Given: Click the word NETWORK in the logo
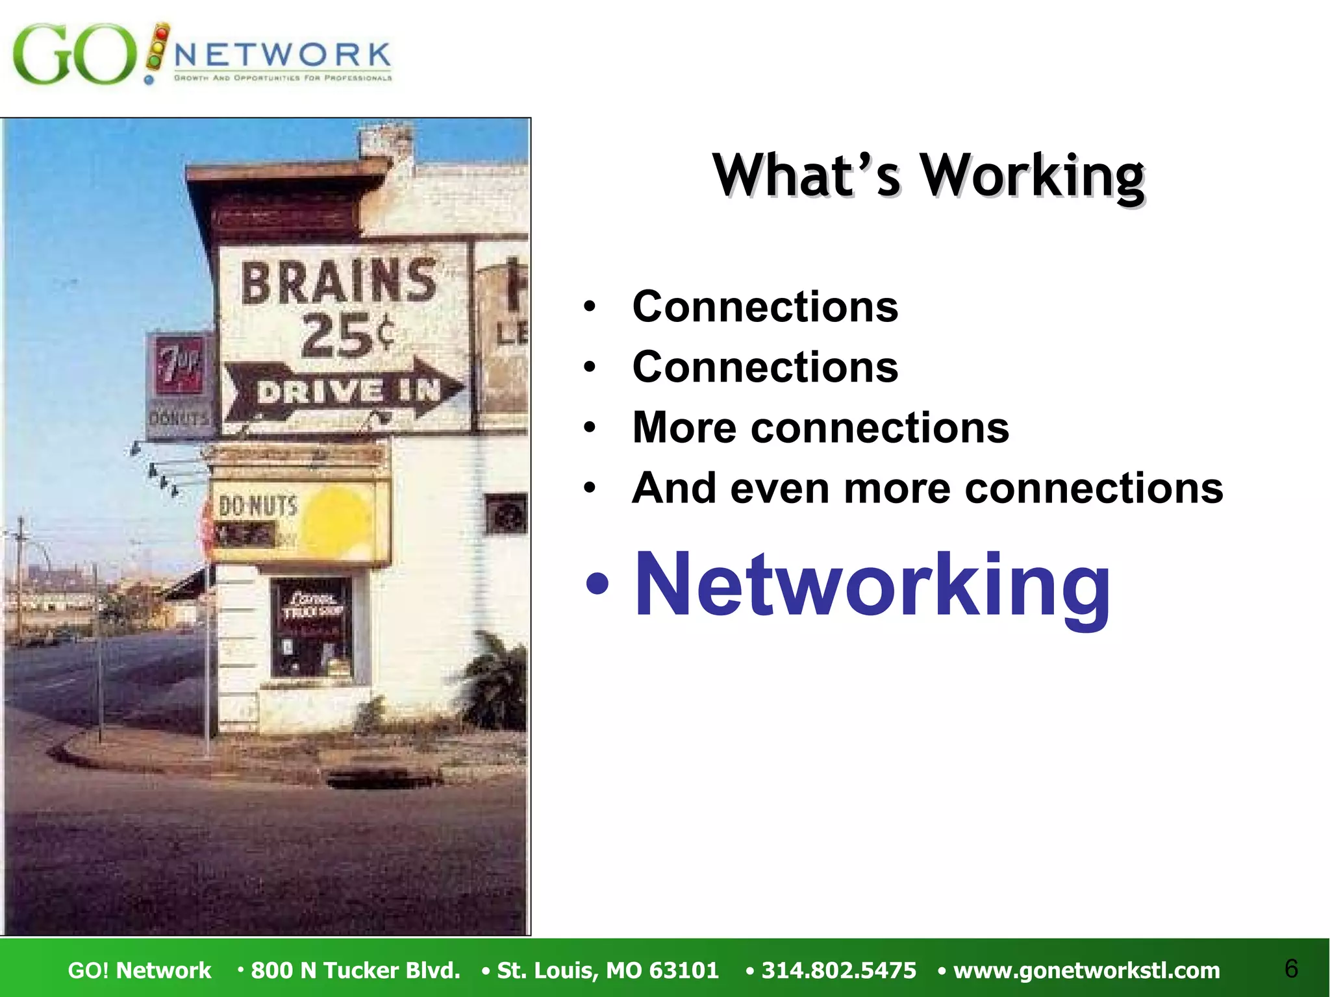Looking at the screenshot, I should (x=282, y=55).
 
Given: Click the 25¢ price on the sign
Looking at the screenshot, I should (x=347, y=336).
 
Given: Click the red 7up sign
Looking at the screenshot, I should (x=179, y=367).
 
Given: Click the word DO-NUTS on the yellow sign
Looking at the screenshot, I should (x=258, y=506).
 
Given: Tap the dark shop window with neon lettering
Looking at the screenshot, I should (x=312, y=626).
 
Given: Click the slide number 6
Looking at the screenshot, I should (x=1291, y=968).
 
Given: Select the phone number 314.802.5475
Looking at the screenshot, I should (x=838, y=970).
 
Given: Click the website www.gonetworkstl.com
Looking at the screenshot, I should (x=1086, y=970).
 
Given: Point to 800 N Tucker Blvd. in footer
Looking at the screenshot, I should (x=355, y=970).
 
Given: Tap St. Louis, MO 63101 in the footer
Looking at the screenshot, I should (x=607, y=970).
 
